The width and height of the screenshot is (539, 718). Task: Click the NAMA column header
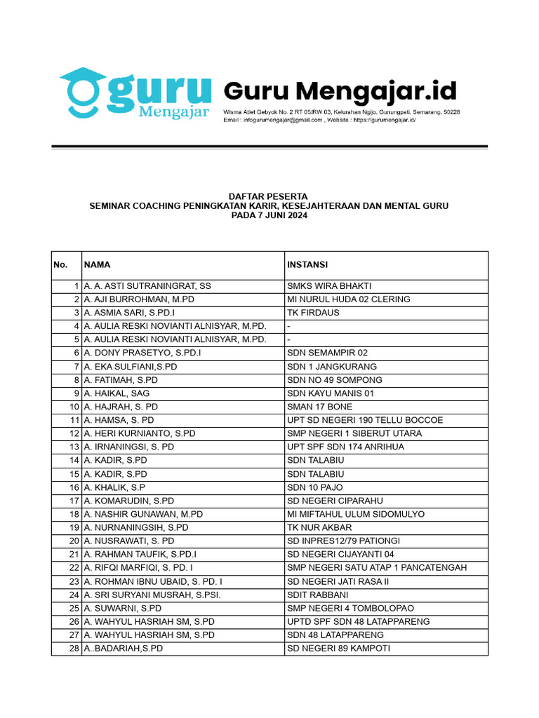click(97, 265)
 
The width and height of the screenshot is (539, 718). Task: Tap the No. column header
click(60, 265)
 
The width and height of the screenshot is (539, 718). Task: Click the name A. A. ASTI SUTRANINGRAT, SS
click(147, 286)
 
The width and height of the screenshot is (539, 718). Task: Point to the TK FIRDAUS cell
click(313, 313)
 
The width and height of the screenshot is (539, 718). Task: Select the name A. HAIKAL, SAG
click(116, 393)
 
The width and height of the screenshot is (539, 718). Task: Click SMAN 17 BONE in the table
click(320, 407)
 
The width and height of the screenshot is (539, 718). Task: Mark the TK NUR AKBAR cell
click(319, 527)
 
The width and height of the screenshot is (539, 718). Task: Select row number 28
click(74, 649)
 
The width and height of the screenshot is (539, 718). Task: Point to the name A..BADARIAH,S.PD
click(123, 649)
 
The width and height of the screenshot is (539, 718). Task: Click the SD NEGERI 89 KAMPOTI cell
click(338, 649)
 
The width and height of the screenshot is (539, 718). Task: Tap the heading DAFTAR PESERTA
click(269, 196)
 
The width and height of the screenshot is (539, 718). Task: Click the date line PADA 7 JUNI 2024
click(269, 216)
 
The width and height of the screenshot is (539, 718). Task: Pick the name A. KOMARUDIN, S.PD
click(128, 501)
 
